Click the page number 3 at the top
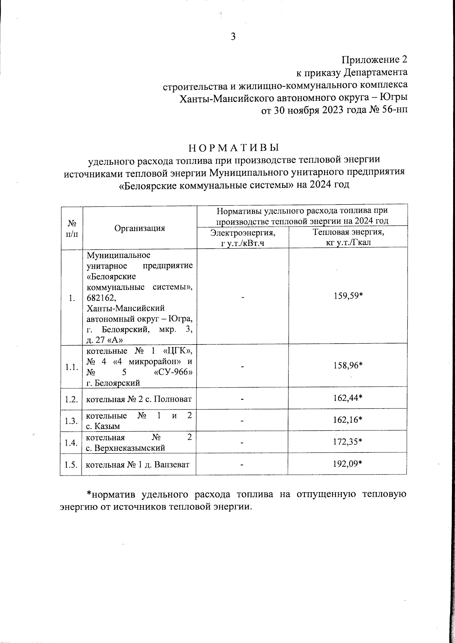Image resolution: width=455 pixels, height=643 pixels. tap(233, 37)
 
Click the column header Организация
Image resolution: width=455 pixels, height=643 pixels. tap(140, 228)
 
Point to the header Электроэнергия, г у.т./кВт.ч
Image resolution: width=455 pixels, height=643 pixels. tap(243, 237)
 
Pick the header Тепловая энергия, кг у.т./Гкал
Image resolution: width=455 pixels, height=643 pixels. tap(348, 237)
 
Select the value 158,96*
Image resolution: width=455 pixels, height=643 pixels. tap(348, 366)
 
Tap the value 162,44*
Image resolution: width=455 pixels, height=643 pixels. tap(348, 398)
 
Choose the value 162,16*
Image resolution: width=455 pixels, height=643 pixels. tap(348, 421)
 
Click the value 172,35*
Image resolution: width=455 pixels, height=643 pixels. tap(348, 442)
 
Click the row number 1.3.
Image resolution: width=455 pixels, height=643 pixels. tap(71, 421)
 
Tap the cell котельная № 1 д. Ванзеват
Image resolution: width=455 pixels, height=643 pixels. tap(138, 465)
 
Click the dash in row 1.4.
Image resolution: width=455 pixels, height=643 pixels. tap(242, 442)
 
